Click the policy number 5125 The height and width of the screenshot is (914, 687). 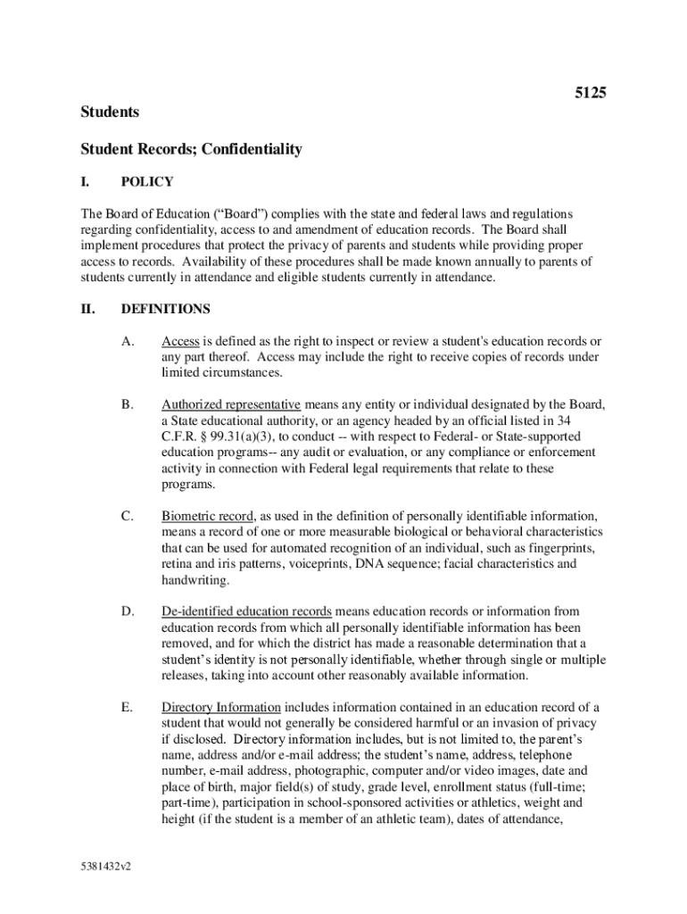click(x=590, y=92)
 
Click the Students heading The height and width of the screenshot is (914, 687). click(x=110, y=112)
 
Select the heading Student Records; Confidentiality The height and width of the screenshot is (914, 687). click(x=192, y=149)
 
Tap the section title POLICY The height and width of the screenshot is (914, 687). click(x=147, y=182)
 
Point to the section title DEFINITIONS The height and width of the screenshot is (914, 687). click(x=166, y=309)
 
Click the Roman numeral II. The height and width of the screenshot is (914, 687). click(x=87, y=309)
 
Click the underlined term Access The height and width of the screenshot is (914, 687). click(x=180, y=341)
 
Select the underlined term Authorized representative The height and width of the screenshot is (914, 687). click(x=230, y=404)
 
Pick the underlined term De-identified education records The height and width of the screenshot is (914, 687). click(x=246, y=611)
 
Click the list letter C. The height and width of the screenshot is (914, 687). click(x=128, y=516)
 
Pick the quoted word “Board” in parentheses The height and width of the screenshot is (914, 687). click(x=243, y=214)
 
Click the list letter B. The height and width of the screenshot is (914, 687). click(x=128, y=404)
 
